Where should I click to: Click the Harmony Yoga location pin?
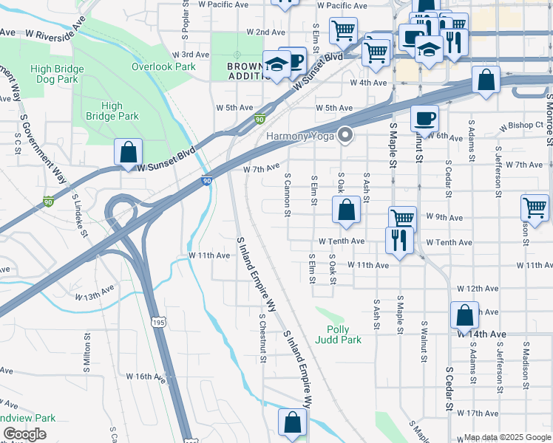coord(345,134)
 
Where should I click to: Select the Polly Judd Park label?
coord(338,334)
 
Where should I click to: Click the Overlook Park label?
coord(163,66)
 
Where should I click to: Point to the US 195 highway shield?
coord(156,322)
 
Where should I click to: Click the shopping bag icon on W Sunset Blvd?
coord(128,153)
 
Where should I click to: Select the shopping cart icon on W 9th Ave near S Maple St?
coord(402,219)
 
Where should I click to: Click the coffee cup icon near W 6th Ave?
coord(424,118)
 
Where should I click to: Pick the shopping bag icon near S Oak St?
coord(346,210)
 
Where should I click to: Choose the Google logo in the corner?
coord(24,435)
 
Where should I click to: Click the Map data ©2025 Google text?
coord(506,437)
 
